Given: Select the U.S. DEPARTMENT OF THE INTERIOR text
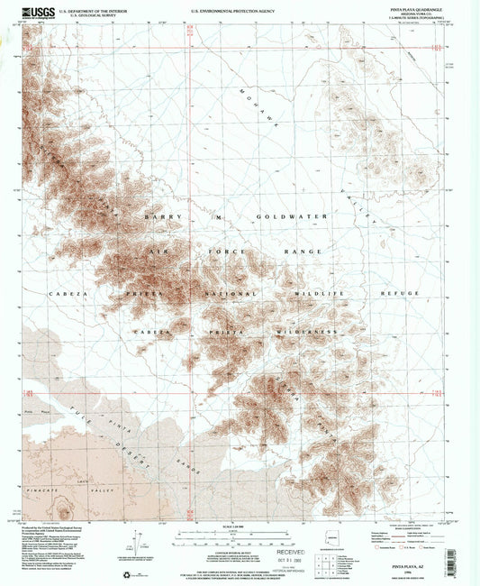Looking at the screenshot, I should coord(100,9).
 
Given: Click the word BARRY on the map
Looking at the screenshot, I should coord(156,217).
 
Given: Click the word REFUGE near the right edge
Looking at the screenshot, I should coord(400,294).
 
